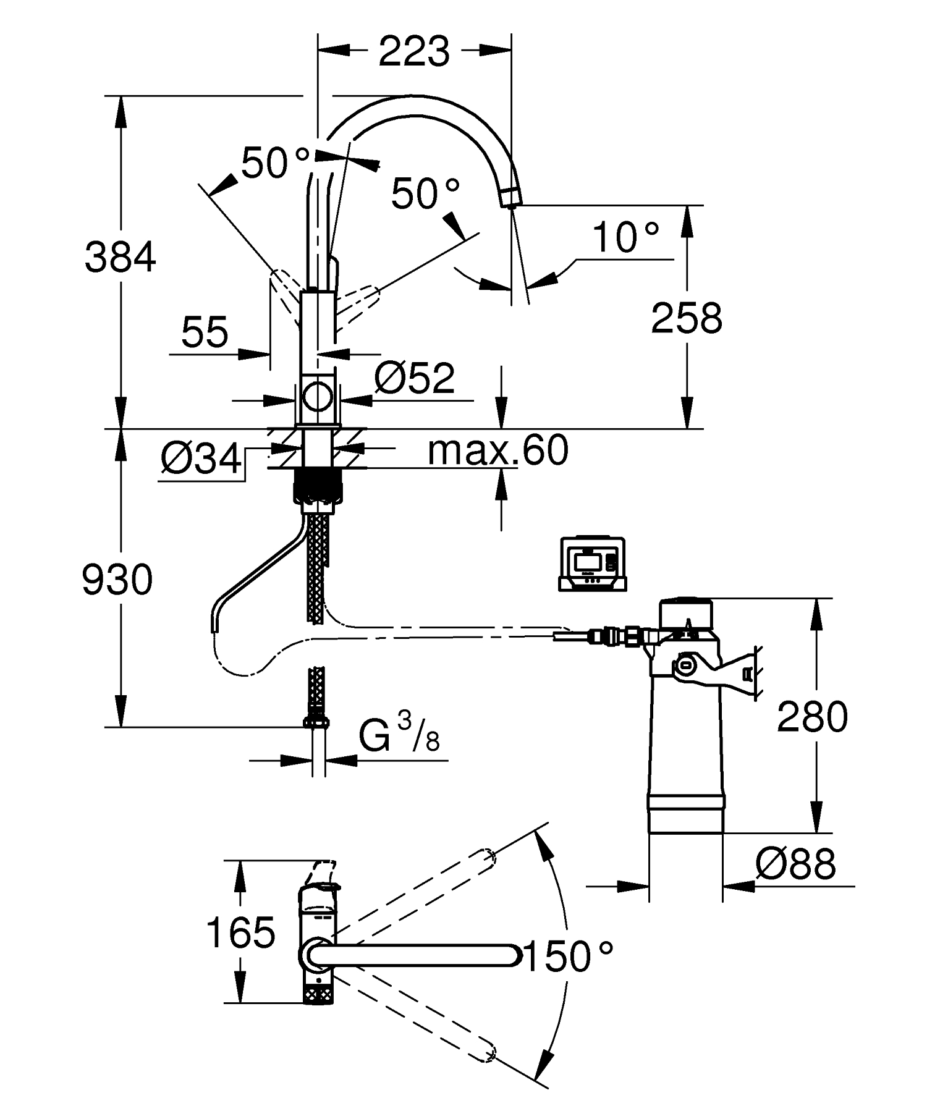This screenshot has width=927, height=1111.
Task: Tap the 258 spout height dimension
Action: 687,318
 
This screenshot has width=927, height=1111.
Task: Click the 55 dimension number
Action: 205,332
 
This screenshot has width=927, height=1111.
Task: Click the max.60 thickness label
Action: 497,450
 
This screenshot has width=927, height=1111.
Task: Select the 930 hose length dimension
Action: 117,580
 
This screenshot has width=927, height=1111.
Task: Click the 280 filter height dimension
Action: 812,717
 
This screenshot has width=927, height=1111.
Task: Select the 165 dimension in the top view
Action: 240,932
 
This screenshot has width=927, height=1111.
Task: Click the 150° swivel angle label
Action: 569,957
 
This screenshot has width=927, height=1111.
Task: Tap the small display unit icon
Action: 592,564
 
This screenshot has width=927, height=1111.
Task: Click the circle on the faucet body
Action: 319,396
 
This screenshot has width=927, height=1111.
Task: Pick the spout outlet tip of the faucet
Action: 510,199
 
